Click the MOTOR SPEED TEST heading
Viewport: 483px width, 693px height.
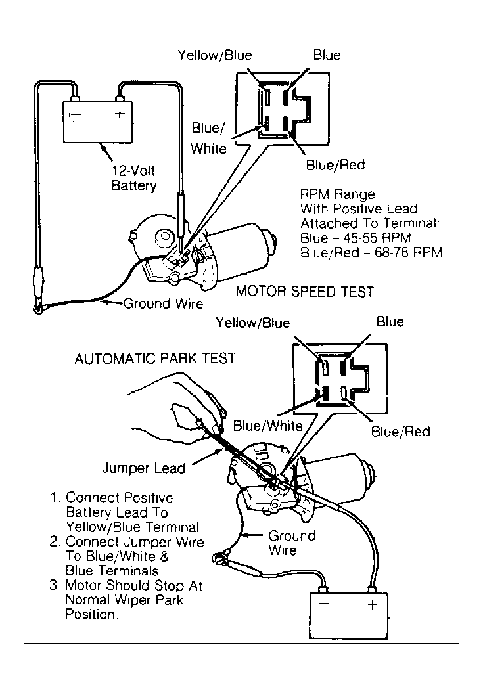coord(305,292)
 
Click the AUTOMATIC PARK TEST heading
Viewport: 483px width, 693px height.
coord(155,359)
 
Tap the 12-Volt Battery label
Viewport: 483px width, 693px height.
coord(133,178)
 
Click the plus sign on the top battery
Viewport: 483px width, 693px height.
coord(120,114)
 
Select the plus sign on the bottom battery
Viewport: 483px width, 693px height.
coord(373,604)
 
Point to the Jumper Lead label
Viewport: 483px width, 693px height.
coord(144,468)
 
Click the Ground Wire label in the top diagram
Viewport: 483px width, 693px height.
coord(163,303)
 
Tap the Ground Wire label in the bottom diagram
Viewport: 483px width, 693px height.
coord(292,543)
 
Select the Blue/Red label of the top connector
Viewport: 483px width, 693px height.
coord(335,165)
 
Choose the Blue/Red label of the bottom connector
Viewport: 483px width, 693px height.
coord(400,432)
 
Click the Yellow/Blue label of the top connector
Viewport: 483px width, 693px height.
coord(215,55)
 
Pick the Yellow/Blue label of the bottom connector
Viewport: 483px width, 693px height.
coord(253,323)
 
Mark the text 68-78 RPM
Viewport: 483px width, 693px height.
coord(408,252)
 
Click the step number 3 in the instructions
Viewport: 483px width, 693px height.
coord(53,585)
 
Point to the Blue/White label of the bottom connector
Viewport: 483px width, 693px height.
coord(267,426)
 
